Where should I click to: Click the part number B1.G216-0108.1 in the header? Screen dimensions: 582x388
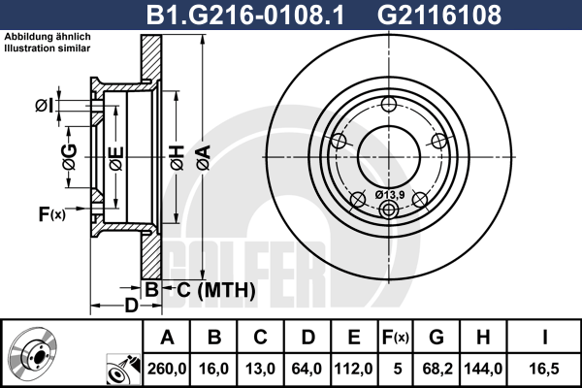pos(245,15)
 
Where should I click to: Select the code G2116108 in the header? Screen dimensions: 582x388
pos(439,15)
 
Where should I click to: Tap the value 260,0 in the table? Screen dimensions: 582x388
pos(167,369)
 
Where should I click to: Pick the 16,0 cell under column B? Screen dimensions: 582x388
pos(213,369)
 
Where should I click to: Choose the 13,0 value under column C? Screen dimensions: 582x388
pos(261,369)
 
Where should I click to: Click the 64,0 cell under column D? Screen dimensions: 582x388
pos(307,369)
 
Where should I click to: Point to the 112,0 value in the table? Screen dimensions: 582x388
pos(354,369)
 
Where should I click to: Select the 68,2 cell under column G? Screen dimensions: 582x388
pos(437,369)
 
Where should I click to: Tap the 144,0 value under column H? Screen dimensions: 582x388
pos(483,369)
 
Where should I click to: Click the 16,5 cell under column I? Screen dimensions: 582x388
pos(544,369)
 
